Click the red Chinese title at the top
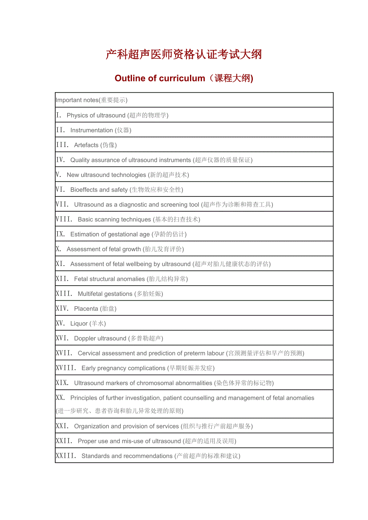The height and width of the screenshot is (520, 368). tap(184, 54)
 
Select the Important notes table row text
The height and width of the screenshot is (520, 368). tap(92, 100)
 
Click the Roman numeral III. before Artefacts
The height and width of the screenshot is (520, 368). tap(62, 145)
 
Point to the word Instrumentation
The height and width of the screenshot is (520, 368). tap(92, 130)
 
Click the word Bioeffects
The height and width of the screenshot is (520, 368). tap(84, 190)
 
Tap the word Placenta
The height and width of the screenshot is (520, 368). tap(86, 309)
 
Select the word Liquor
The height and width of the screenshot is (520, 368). tap(79, 324)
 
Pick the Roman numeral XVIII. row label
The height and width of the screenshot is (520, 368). tap(66, 368)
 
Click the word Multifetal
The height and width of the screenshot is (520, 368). tap(93, 294)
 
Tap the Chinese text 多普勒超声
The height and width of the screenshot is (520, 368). tap(146, 338)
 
